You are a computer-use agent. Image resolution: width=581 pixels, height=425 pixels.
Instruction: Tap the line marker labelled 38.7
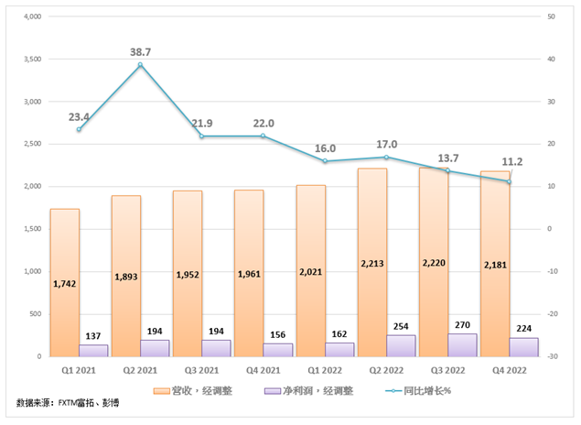pyautogui.click(x=141, y=64)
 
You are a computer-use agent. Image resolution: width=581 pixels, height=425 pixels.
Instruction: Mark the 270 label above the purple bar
pyautogui.click(x=463, y=324)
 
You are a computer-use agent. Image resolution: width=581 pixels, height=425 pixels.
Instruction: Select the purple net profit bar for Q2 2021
pyautogui.click(x=156, y=348)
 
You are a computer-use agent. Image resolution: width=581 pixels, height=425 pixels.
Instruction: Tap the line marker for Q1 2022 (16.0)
pyautogui.click(x=325, y=161)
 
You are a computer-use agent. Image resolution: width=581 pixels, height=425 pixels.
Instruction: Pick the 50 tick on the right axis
pyautogui.click(x=551, y=16)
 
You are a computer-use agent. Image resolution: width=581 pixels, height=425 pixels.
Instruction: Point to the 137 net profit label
pyautogui.click(x=94, y=336)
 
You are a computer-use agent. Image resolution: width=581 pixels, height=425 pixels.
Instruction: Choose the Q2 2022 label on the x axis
pyautogui.click(x=386, y=371)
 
